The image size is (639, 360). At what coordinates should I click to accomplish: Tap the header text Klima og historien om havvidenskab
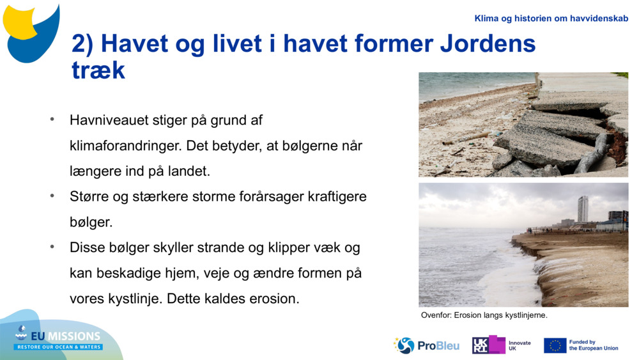551,19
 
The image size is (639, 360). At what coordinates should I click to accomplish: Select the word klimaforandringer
125,146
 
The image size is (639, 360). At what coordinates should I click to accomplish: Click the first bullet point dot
52,120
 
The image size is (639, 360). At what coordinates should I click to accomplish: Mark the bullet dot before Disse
52,247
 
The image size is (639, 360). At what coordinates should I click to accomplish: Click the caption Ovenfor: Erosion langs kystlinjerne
484,315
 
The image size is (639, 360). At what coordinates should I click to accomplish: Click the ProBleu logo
427,345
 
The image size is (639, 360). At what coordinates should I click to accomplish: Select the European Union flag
555,345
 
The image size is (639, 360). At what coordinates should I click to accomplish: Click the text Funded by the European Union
593,345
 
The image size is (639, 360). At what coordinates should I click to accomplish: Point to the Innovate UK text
520,345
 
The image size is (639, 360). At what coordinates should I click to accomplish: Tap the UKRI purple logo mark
488,345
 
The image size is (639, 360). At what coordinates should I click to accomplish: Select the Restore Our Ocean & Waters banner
59,347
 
